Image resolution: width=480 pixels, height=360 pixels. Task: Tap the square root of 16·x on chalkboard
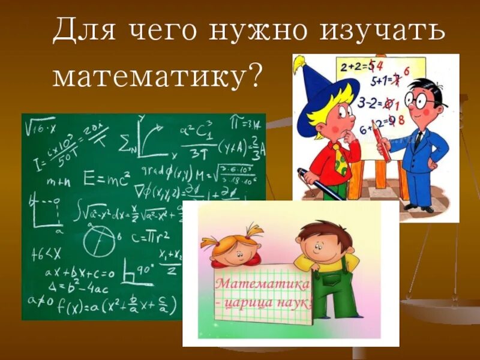(x=40, y=127)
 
